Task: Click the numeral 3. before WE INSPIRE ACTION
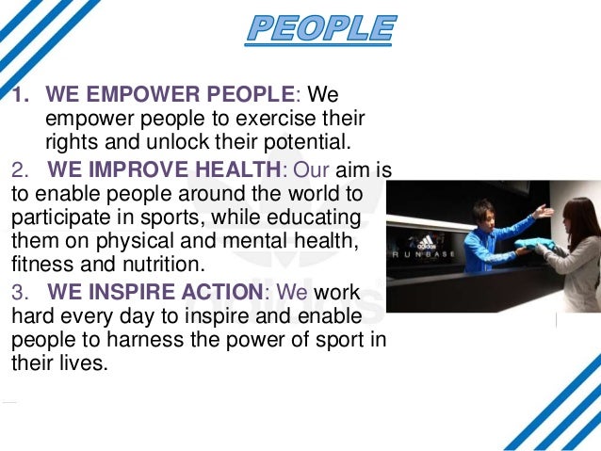22,292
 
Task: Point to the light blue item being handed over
534,247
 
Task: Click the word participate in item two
56,218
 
